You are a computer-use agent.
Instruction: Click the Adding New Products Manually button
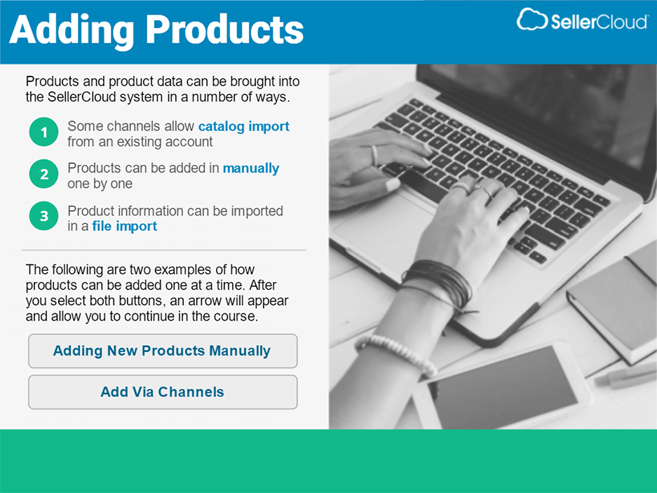(162, 351)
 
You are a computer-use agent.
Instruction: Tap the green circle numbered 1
(43, 133)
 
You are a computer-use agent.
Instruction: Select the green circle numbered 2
(43, 174)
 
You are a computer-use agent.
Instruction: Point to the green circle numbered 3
(43, 217)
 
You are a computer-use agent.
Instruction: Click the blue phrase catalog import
(243, 126)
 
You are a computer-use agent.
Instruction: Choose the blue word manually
(251, 168)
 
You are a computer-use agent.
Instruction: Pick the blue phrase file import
(125, 226)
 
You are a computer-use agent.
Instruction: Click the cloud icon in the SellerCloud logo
(531, 20)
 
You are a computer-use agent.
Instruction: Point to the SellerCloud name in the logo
(599, 22)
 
